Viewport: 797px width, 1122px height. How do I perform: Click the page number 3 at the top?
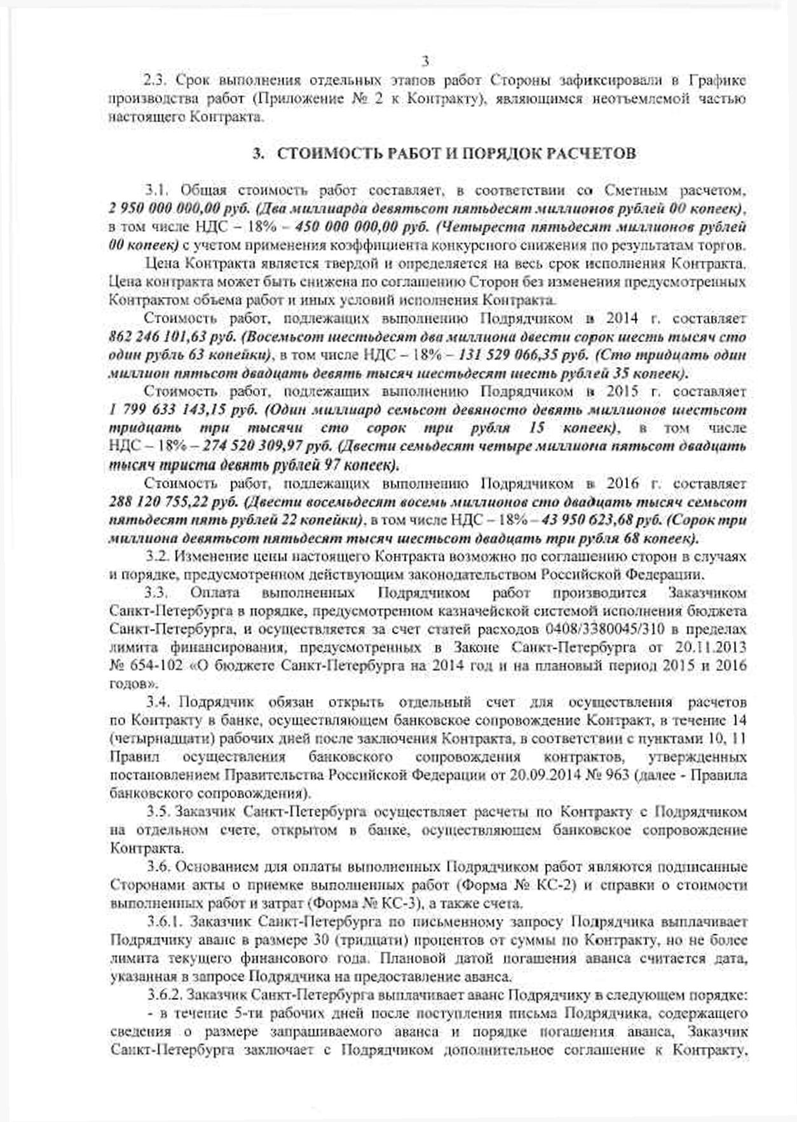(425, 61)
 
